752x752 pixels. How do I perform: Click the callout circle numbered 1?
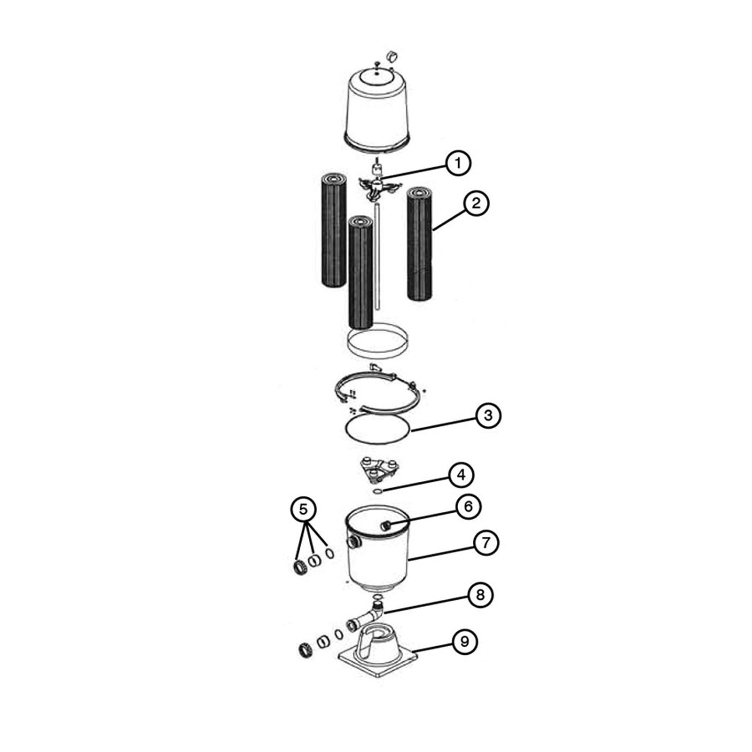point(458,163)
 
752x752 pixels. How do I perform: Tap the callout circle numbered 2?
point(476,204)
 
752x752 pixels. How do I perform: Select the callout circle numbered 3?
point(488,415)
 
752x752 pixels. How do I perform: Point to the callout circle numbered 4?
point(461,475)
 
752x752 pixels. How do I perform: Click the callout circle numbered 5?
point(304,509)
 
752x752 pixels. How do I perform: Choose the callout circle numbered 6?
point(468,507)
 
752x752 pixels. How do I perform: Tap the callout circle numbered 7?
point(486,543)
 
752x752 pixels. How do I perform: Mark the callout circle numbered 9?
point(464,642)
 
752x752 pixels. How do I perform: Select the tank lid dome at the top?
point(377,108)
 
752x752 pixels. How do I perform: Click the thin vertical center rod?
point(376,256)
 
